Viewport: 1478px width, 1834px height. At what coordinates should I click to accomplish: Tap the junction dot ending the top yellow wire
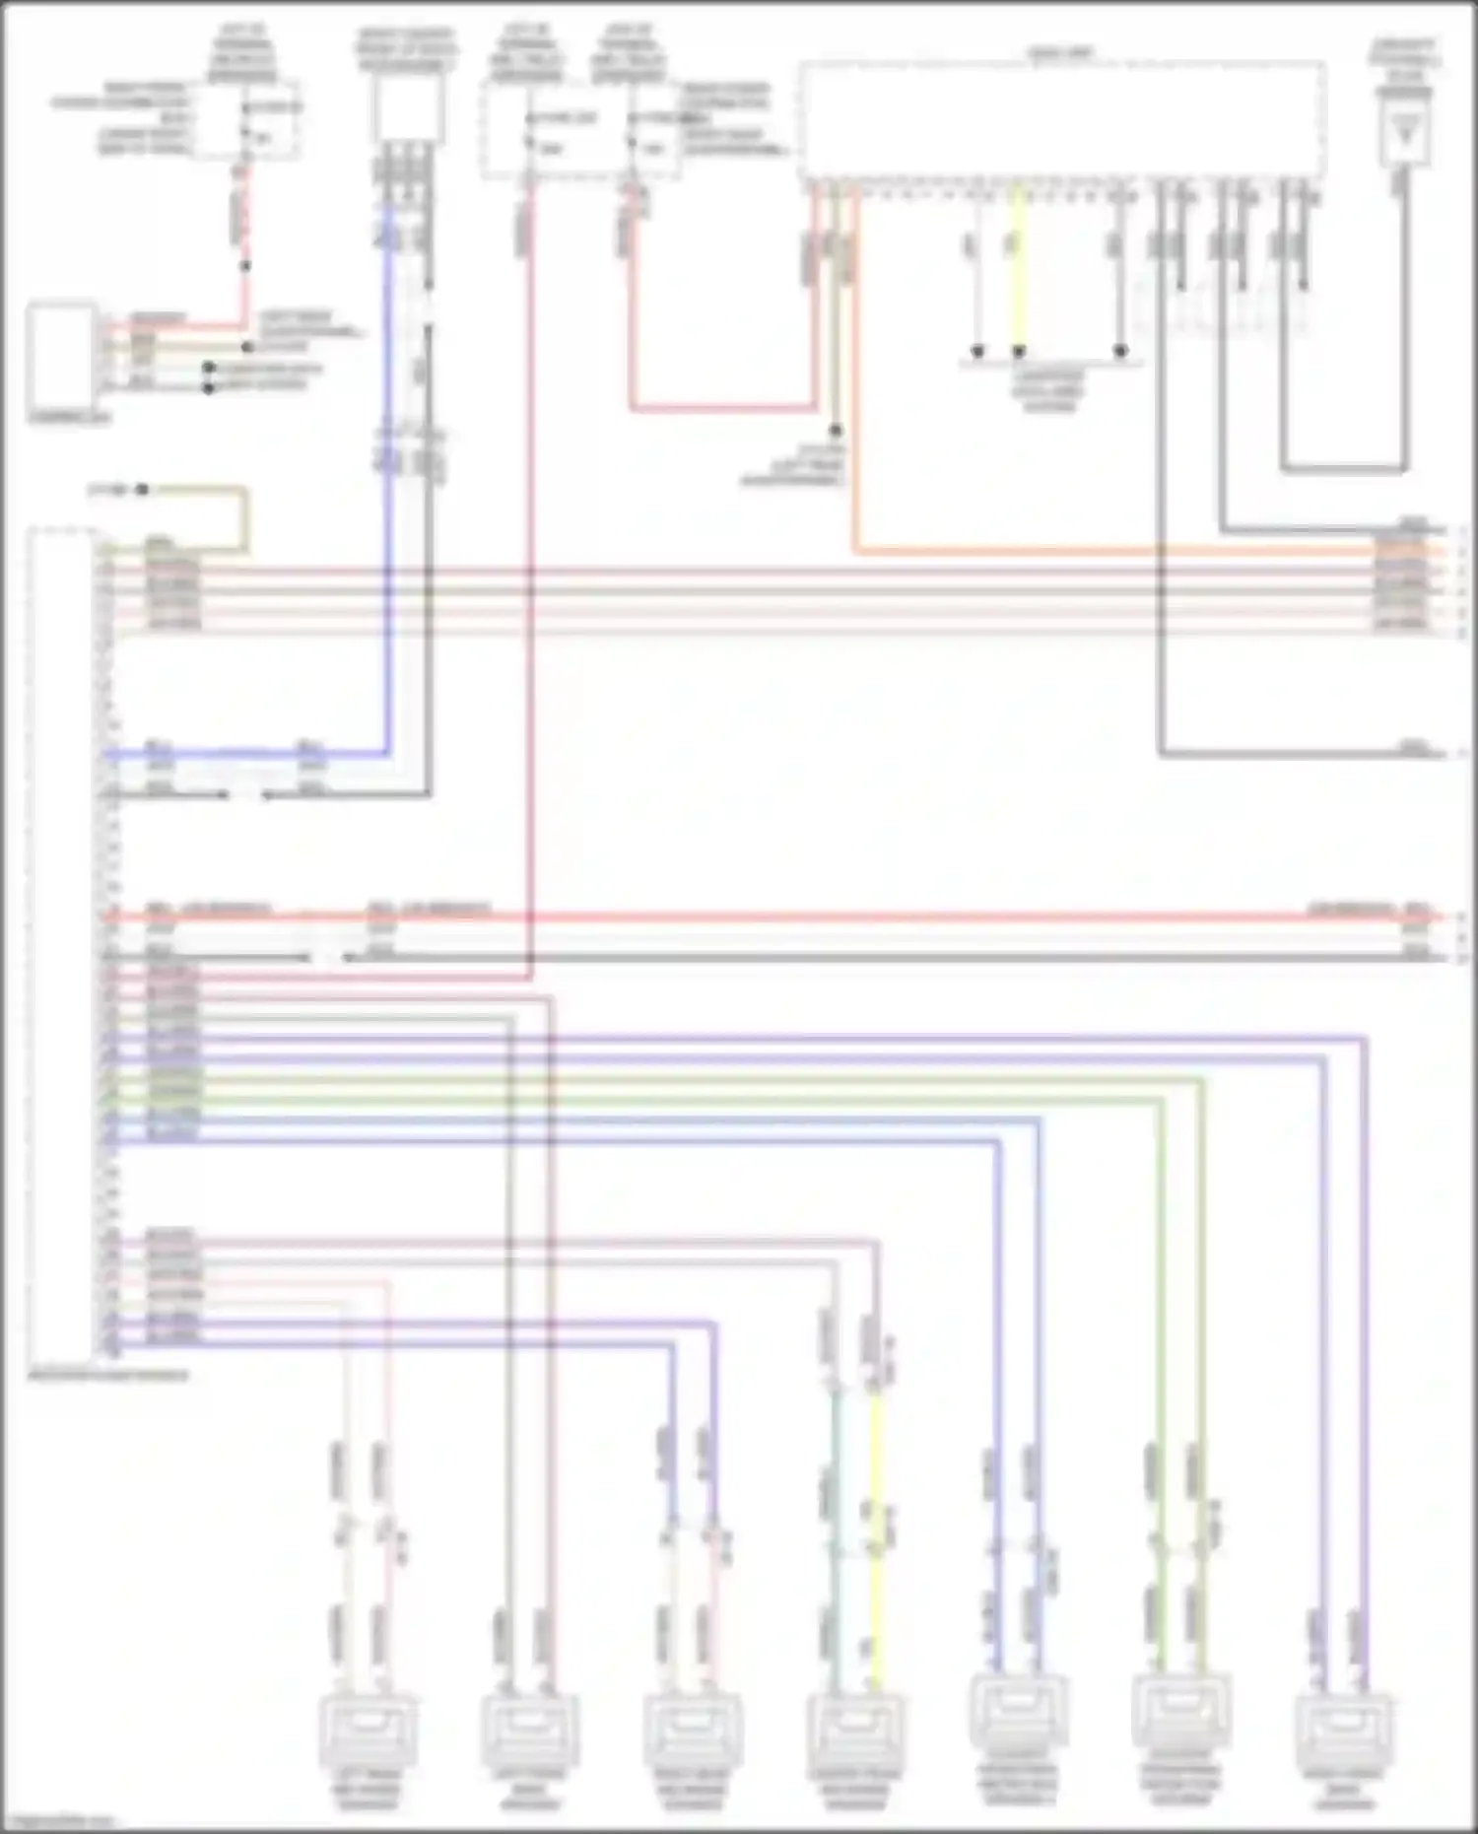click(1020, 351)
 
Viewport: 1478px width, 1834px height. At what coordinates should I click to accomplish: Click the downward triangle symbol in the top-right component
click(1405, 126)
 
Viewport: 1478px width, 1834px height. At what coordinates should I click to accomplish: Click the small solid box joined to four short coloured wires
click(62, 355)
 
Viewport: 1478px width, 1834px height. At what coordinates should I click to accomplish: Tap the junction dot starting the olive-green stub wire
click(143, 489)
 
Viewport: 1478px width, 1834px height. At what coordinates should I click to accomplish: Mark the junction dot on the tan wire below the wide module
click(836, 431)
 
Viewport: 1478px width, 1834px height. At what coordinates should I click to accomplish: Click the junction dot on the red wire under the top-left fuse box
click(245, 266)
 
